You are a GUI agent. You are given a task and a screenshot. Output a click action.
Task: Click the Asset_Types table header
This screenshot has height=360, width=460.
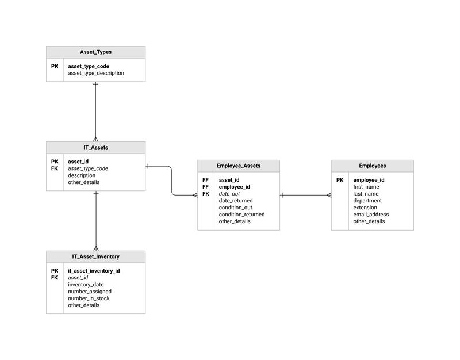95,52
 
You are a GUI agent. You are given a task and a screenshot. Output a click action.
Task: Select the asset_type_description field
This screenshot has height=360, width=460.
96,73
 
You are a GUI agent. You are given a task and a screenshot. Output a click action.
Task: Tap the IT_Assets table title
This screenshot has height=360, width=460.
95,148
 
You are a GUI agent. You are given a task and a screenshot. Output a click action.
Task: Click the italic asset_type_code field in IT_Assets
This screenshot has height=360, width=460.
88,168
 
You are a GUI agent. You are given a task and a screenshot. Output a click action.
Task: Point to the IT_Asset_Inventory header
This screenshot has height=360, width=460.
95,256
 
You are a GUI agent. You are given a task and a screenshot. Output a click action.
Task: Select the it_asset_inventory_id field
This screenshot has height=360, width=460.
94,271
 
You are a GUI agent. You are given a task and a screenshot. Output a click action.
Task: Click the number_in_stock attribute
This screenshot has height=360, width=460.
89,298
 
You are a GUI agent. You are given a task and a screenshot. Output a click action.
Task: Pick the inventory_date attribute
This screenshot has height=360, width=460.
86,285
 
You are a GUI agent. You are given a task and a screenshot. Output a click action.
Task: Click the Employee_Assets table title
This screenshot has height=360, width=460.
239,166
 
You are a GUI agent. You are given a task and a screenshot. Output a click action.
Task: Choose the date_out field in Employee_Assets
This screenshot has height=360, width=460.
229,194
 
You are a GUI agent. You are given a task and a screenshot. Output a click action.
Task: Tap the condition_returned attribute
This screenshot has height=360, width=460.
241,215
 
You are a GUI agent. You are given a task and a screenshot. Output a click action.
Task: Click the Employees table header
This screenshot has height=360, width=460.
373,166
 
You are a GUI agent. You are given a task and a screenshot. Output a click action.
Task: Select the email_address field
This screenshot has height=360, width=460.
371,215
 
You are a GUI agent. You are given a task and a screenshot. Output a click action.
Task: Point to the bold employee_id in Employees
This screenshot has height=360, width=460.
369,180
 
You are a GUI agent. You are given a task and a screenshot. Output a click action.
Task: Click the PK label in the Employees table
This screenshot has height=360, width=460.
340,180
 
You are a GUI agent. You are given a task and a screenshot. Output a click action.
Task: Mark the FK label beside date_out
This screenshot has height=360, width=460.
205,194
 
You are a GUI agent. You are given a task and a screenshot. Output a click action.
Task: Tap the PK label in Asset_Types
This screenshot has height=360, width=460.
55,66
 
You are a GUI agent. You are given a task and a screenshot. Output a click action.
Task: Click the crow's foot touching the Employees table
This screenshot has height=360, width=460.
329,195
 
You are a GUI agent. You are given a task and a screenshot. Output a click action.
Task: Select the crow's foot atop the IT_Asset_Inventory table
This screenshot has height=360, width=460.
96,248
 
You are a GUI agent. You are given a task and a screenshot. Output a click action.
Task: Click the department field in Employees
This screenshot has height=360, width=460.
367,201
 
